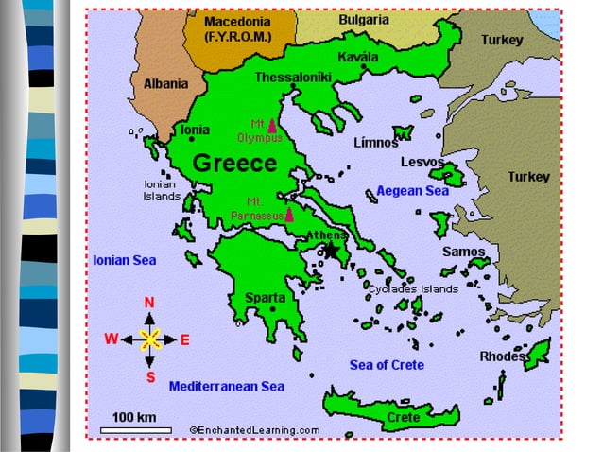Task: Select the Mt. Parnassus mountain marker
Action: [276, 214]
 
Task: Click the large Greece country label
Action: [234, 164]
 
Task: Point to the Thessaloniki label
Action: [293, 78]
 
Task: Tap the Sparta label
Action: [265, 298]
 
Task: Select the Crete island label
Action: [404, 416]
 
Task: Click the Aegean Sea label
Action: [412, 191]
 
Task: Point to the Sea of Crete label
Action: [387, 365]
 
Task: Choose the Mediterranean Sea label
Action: [226, 387]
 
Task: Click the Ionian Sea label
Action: [125, 259]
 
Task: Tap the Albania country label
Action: [165, 84]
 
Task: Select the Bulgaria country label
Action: [364, 20]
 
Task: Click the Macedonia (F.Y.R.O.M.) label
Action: [238, 29]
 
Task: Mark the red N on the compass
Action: [149, 303]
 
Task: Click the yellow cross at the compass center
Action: [149, 339]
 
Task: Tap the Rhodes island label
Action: [502, 356]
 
